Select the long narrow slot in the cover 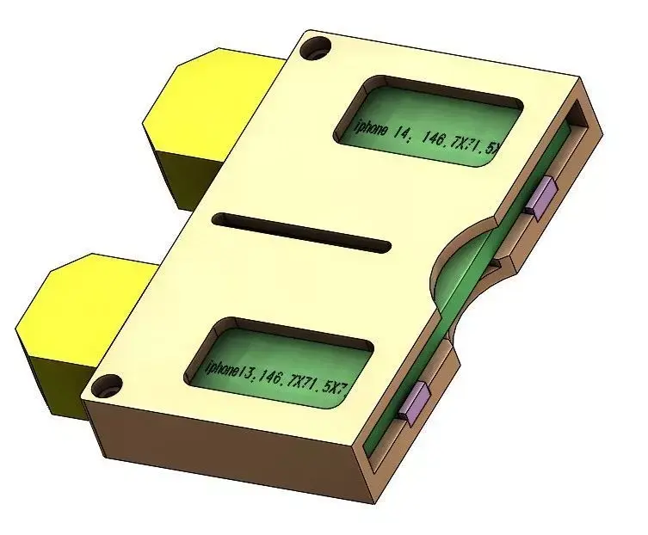(x=301, y=232)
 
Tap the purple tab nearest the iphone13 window (x=416, y=401)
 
